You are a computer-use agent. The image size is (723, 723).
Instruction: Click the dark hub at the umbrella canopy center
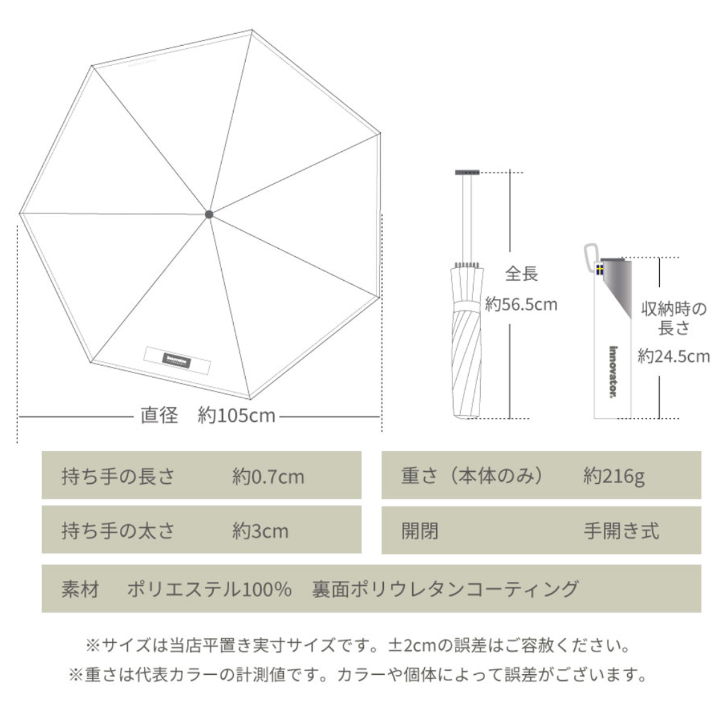(x=209, y=213)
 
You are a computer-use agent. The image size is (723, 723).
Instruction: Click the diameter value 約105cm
(x=236, y=416)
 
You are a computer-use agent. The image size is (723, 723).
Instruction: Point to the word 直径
(x=159, y=416)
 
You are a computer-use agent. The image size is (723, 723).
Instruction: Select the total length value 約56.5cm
(x=521, y=304)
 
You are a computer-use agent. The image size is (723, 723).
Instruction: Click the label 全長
(x=521, y=274)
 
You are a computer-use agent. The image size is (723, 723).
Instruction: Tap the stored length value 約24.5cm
(x=674, y=356)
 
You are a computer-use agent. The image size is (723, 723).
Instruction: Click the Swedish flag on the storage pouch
(x=600, y=269)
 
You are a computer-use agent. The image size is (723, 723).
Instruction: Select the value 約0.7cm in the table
(x=268, y=477)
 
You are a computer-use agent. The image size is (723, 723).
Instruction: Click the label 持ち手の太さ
(x=118, y=531)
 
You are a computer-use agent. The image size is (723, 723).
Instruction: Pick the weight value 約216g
(x=613, y=477)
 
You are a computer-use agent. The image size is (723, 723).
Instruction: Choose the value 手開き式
(x=621, y=531)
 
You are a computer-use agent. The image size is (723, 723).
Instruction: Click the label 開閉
(x=420, y=531)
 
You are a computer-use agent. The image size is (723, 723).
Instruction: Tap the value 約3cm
(x=260, y=531)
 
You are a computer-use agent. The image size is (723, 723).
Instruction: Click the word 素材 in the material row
(x=80, y=589)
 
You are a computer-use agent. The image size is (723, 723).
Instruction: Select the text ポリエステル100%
(x=209, y=589)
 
